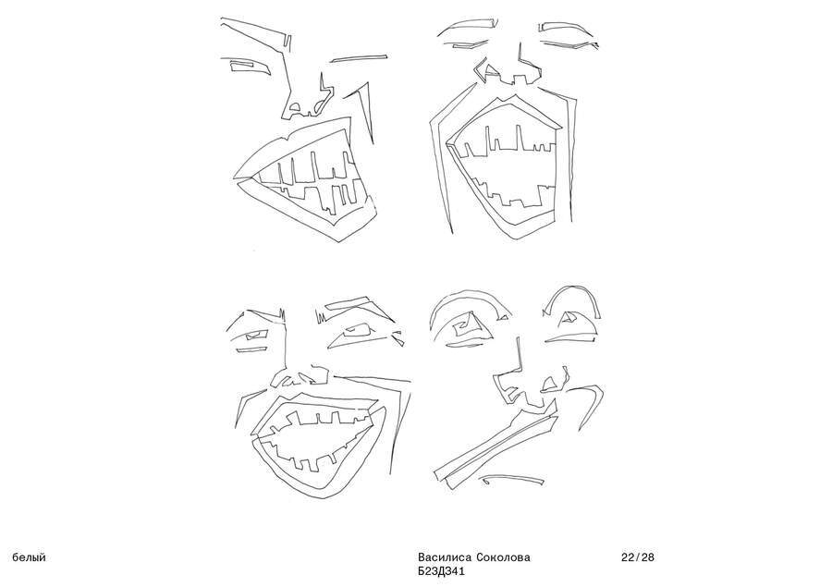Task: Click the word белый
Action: pyautogui.click(x=29, y=557)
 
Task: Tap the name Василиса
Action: pyautogui.click(x=445, y=557)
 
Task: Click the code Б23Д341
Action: pyautogui.click(x=441, y=571)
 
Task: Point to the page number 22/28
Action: pyautogui.click(x=638, y=557)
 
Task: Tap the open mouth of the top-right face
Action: pyautogui.click(x=504, y=166)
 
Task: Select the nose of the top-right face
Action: pyautogui.click(x=509, y=67)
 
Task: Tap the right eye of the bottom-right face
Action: pyautogui.click(x=572, y=324)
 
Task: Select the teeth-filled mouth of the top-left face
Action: pyautogui.click(x=308, y=180)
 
